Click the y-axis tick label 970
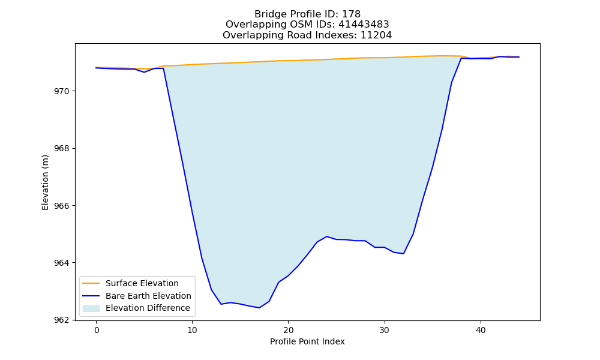point(62,91)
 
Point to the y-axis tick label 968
point(62,148)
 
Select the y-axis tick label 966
point(62,206)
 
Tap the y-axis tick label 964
point(62,263)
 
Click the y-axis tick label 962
point(62,320)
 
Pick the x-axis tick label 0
point(97,330)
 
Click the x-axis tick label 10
point(193,330)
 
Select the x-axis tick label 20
point(289,330)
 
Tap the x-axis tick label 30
point(385,330)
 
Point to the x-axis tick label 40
point(481,330)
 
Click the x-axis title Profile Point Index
point(307,341)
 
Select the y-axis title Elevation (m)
point(45,182)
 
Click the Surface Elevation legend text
point(142,283)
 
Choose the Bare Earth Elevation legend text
point(148,296)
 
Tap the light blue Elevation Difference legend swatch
point(91,308)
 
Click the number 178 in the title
point(351,14)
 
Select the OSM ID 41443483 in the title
point(364,25)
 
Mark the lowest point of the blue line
point(259,308)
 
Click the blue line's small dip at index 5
point(144,72)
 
